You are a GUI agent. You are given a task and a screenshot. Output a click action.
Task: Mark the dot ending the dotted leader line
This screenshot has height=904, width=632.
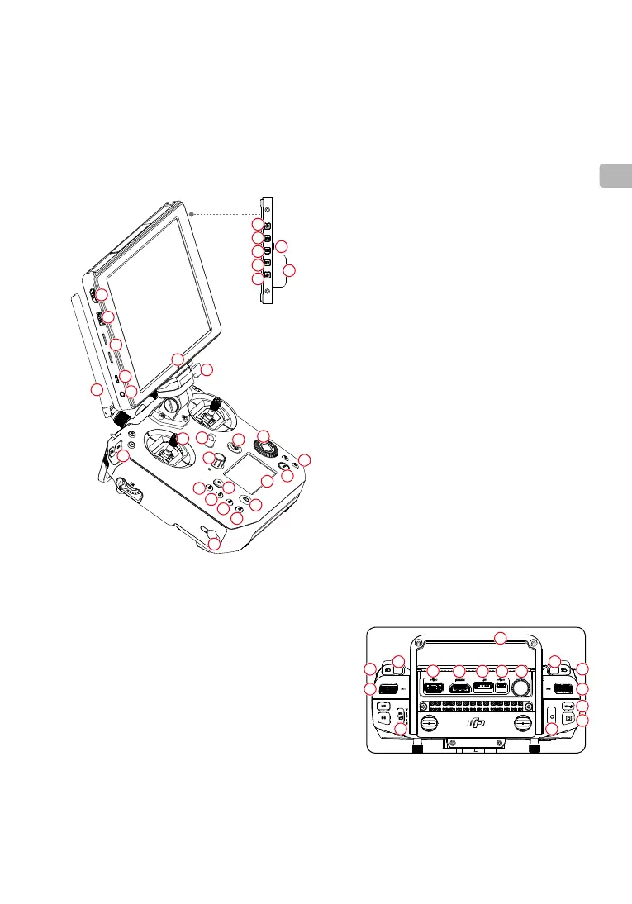tap(191, 213)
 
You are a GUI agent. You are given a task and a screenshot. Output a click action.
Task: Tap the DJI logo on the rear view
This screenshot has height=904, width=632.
tap(476, 723)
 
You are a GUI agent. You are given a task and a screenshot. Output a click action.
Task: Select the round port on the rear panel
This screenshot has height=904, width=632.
tap(520, 687)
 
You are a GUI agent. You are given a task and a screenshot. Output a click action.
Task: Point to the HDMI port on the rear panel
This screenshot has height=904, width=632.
tap(460, 687)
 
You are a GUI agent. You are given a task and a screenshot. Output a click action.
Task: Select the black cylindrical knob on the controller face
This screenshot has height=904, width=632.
tap(220, 459)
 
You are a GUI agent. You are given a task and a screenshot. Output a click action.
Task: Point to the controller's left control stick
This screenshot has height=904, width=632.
tap(173, 447)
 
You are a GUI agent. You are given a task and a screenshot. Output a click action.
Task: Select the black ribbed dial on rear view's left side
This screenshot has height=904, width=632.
tap(387, 688)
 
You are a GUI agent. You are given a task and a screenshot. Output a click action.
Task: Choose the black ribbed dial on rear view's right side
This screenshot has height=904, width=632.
tap(563, 688)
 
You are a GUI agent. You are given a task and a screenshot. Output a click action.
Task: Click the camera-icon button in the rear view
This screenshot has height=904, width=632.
tap(568, 719)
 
